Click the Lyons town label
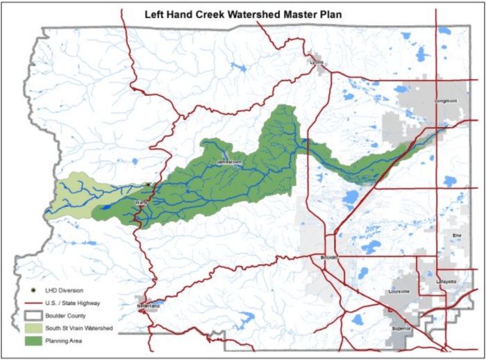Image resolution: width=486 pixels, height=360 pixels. pos(317,62)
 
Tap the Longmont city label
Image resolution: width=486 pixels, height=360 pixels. pos(446,101)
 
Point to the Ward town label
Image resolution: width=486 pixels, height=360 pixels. pos(140,203)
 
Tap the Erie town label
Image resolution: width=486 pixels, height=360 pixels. pos(456,236)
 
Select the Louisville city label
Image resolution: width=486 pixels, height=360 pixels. pos(401,291)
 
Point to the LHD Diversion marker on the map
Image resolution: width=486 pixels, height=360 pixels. pos(148,185)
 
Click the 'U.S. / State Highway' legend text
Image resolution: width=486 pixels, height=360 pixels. pos(73,303)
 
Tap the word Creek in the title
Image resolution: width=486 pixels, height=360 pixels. pos(206,13)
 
